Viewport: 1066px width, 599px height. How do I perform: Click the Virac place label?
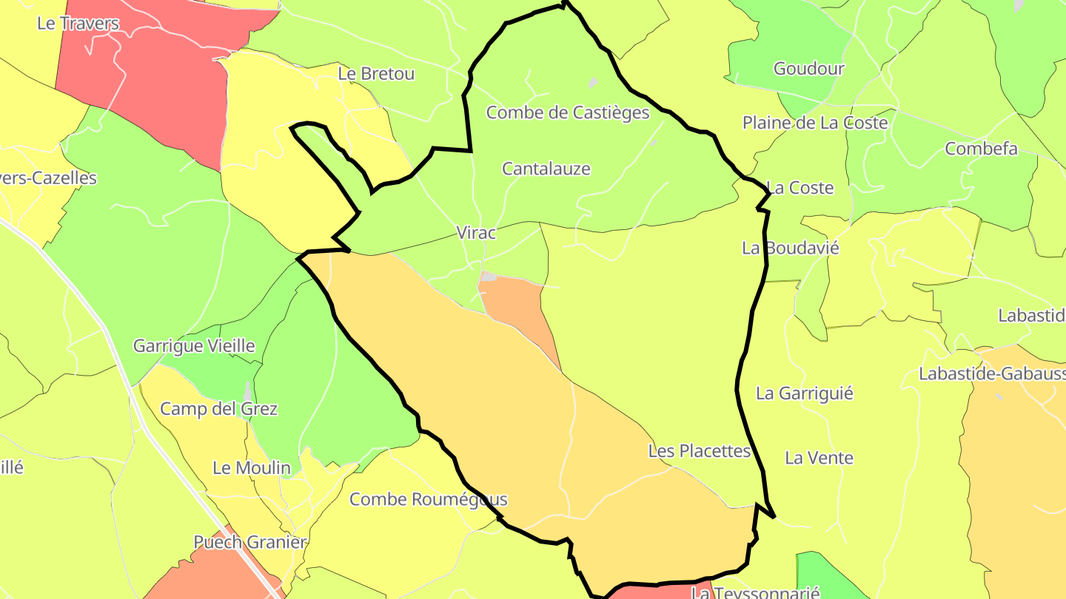[476, 232]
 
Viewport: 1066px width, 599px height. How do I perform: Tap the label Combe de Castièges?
[568, 112]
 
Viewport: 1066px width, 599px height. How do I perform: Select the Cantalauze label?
[546, 169]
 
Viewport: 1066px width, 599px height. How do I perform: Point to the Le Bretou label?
[376, 74]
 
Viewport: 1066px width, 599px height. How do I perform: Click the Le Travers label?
[78, 23]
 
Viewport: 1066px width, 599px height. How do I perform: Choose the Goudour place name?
[809, 69]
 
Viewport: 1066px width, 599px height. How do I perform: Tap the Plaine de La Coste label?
[815, 123]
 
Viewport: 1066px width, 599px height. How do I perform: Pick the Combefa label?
[982, 149]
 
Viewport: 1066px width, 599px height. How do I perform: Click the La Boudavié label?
[791, 248]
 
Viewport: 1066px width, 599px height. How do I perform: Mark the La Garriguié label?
[805, 393]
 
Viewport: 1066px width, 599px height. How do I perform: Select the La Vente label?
[819, 458]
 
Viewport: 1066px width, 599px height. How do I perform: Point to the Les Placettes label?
[700, 450]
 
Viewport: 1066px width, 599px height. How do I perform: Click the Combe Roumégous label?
[429, 499]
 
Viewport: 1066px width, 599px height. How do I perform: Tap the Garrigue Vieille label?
[194, 345]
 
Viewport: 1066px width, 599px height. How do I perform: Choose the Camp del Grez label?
[219, 409]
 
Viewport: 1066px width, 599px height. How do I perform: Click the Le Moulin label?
[252, 468]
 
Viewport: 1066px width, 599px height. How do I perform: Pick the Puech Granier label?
[250, 542]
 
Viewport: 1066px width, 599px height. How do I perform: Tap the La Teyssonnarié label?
[755, 593]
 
